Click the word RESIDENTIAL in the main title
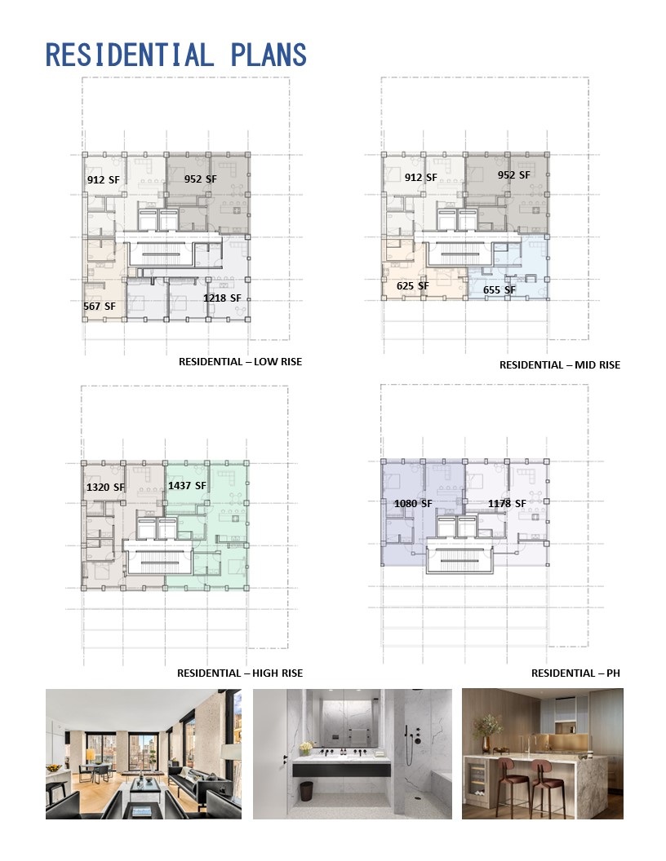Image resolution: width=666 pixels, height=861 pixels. pyautogui.click(x=129, y=55)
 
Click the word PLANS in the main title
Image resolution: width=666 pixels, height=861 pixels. pyautogui.click(x=269, y=55)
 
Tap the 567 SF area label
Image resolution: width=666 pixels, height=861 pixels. pyautogui.click(x=100, y=307)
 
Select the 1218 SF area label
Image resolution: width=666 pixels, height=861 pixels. pyautogui.click(x=222, y=298)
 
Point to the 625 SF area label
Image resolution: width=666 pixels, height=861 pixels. pyautogui.click(x=413, y=286)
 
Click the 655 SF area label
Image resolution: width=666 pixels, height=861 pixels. pyautogui.click(x=499, y=290)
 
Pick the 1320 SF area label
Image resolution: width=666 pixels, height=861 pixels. pyautogui.click(x=105, y=487)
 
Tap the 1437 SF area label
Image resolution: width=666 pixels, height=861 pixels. pyautogui.click(x=188, y=485)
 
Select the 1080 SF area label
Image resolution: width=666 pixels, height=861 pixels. pyautogui.click(x=413, y=504)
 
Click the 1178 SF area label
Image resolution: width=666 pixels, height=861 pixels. pyautogui.click(x=507, y=504)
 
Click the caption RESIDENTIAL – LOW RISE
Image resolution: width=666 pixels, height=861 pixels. pyautogui.click(x=240, y=362)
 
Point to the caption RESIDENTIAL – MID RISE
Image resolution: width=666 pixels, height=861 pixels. pyautogui.click(x=560, y=365)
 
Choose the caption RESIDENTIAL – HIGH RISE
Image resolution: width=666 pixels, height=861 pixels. pyautogui.click(x=240, y=673)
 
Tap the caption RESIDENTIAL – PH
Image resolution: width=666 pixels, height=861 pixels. pyautogui.click(x=575, y=673)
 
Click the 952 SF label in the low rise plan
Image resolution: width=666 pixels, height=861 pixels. pyautogui.click(x=201, y=179)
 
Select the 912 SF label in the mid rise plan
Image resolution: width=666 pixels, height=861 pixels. pyautogui.click(x=421, y=178)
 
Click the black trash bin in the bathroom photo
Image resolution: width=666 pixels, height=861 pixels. pyautogui.click(x=307, y=791)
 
